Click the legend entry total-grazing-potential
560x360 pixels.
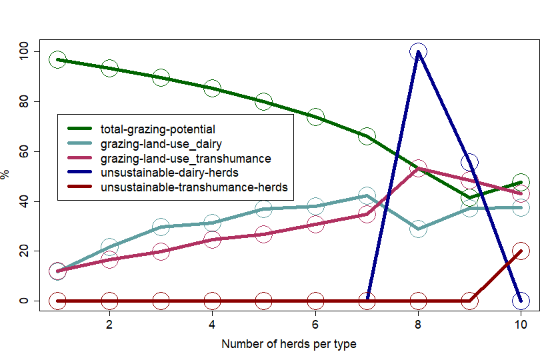(x=157, y=129)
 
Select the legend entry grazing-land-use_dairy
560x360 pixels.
(x=161, y=143)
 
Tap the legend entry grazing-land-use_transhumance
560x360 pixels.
(x=185, y=158)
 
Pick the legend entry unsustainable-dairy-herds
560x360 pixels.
(x=169, y=173)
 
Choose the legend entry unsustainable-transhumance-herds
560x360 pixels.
(x=193, y=187)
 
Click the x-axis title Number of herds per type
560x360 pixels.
(x=289, y=344)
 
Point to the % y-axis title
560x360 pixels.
(x=6, y=175)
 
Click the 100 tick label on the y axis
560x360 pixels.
(x=24, y=52)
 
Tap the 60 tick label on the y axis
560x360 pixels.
(x=24, y=151)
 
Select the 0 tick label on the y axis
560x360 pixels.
(x=24, y=301)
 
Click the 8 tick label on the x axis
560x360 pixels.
(x=418, y=325)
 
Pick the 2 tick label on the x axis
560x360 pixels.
(x=109, y=325)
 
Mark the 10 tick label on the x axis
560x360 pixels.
(x=521, y=325)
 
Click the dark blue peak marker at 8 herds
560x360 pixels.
(x=418, y=52)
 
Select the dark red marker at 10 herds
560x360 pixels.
(x=521, y=251)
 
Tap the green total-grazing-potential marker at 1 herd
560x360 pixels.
(x=58, y=60)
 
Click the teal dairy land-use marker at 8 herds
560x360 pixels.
(x=418, y=229)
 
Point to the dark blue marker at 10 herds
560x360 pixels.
(x=521, y=301)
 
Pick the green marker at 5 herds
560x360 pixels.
(x=264, y=102)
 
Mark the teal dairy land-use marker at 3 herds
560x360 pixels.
(x=161, y=227)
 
